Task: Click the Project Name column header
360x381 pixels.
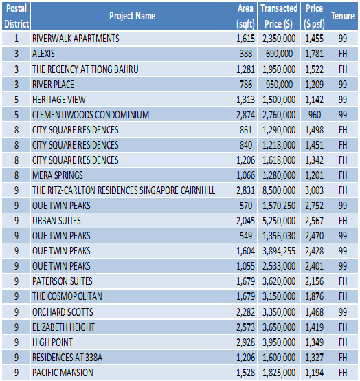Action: click(x=133, y=16)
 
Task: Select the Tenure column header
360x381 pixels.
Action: click(x=343, y=16)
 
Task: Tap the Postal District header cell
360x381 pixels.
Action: click(x=16, y=16)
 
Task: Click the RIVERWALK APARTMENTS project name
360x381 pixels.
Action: click(x=76, y=39)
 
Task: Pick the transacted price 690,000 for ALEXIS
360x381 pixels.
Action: click(x=279, y=54)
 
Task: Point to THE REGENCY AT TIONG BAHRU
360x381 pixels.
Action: click(x=85, y=69)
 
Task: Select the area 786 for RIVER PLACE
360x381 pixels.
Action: click(x=246, y=85)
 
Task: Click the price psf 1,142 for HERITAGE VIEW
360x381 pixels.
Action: click(x=314, y=100)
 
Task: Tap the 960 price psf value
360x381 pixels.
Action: click(x=315, y=115)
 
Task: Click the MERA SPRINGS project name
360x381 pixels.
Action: click(x=58, y=175)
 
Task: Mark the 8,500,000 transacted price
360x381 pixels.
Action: click(x=279, y=190)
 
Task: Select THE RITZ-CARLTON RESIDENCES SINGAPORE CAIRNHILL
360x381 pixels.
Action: click(x=124, y=190)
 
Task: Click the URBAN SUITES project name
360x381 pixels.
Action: click(x=56, y=221)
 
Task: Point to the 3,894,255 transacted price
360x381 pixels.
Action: click(x=279, y=251)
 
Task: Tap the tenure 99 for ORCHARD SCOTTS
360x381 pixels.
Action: click(x=343, y=312)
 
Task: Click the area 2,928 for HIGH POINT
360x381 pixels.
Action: click(x=246, y=342)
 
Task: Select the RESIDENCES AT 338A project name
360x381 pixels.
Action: click(x=67, y=358)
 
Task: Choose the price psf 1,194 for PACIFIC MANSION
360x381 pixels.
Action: click(x=314, y=373)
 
